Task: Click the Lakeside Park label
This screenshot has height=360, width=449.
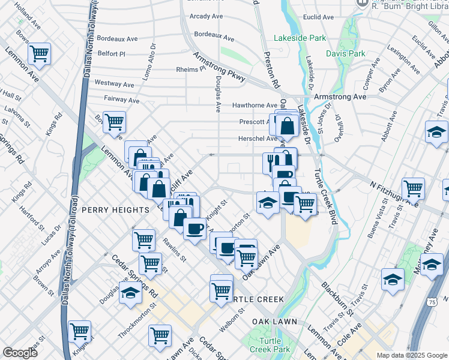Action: click(300, 38)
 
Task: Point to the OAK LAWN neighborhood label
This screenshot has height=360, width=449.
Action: click(274, 322)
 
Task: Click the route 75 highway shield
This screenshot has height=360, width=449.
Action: click(433, 303)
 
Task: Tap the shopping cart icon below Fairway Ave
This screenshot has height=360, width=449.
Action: click(113, 122)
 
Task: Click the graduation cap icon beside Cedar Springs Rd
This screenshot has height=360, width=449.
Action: click(130, 293)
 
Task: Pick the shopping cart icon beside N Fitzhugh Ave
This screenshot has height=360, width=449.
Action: click(414, 188)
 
